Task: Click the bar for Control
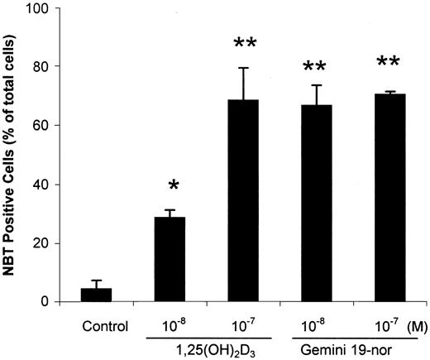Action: click(x=96, y=295)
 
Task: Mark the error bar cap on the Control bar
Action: click(x=96, y=281)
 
